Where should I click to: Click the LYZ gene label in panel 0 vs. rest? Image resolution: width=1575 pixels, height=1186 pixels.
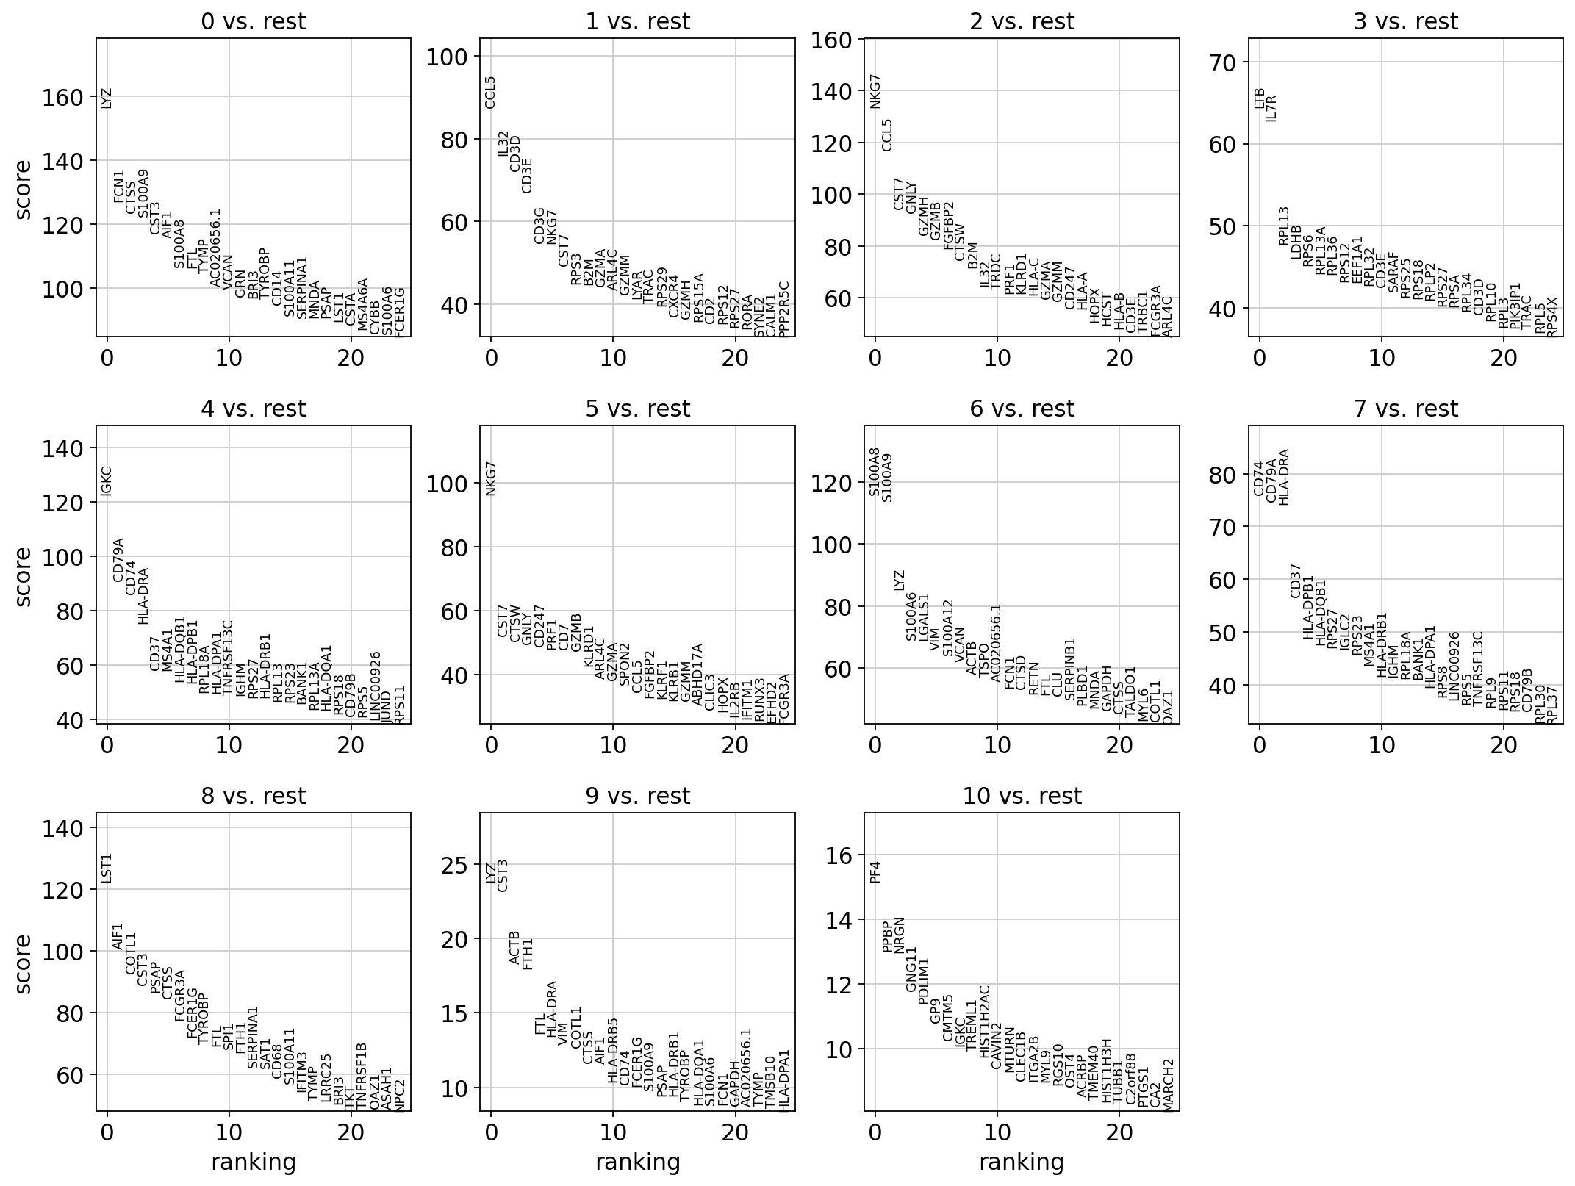[107, 98]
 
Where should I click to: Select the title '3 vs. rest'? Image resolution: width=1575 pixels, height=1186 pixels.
[1405, 22]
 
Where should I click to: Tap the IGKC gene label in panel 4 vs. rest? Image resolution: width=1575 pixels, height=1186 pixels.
[107, 481]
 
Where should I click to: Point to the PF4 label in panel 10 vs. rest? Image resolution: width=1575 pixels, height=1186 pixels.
[875, 871]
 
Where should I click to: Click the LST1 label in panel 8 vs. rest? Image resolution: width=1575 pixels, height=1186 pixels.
[107, 868]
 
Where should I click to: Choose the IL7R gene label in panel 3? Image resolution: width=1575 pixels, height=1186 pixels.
[1272, 107]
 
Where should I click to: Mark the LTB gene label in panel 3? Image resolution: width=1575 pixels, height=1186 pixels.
[1260, 98]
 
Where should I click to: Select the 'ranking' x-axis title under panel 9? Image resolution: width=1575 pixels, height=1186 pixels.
[637, 1162]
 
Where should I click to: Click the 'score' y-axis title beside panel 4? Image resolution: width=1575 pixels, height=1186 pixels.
[24, 576]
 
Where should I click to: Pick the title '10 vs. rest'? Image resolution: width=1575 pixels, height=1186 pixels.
[1022, 796]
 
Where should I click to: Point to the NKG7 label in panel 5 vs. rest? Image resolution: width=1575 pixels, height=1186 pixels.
[492, 478]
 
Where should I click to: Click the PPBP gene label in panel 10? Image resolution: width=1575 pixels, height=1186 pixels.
[888, 936]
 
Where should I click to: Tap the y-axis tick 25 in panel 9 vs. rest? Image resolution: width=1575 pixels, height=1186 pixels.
[456, 866]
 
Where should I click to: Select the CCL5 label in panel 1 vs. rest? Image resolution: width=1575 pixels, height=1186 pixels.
[491, 92]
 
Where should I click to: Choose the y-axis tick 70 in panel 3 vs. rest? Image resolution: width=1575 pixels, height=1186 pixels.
[1224, 62]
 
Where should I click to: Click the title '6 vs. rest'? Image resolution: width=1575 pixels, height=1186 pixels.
[1022, 409]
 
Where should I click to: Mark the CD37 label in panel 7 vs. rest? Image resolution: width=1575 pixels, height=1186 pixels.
[1296, 581]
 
